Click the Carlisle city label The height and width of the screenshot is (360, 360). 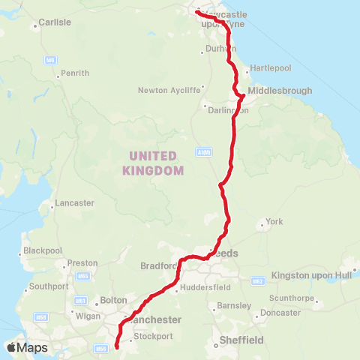coord(55,22)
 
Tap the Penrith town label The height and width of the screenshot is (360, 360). coord(76,73)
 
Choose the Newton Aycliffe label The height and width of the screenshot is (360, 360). coord(169,91)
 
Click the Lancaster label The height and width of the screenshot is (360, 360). coord(74,203)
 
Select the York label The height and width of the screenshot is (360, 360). coord(274,222)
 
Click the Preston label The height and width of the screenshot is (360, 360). coord(82,263)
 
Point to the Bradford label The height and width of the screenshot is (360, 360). coord(157,265)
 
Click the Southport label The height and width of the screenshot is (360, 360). coord(49,286)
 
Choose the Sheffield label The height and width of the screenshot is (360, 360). coord(241,340)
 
